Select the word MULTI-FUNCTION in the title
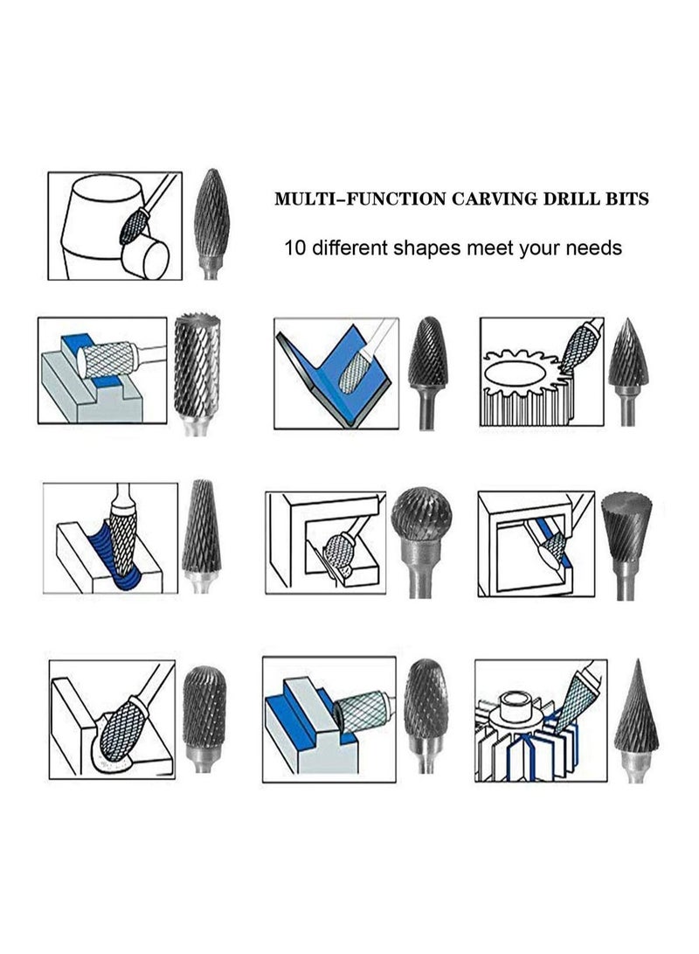(359, 199)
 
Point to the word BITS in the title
(630, 199)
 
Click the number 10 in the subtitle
(294, 247)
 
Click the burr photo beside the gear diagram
(628, 359)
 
